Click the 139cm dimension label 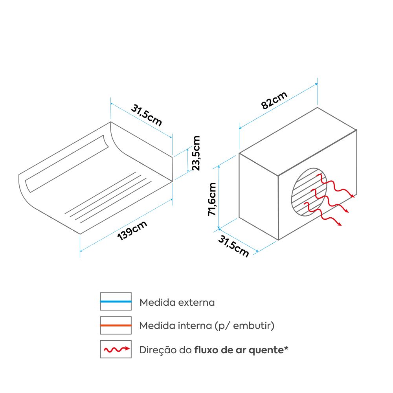point(132,231)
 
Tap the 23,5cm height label point(196,153)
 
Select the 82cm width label point(274,100)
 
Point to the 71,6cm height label point(212,199)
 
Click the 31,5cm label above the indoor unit point(147,115)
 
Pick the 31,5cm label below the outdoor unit point(233,246)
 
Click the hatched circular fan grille point(309,192)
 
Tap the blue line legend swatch point(116,301)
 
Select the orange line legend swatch point(116,325)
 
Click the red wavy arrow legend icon point(117,349)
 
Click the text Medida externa point(177,302)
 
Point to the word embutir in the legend point(253,326)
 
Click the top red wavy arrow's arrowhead point(353,196)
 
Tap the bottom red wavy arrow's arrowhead point(340,224)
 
